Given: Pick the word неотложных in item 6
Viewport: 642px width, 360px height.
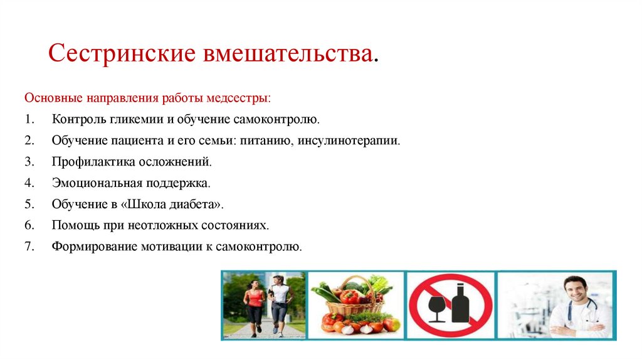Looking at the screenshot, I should [176, 225].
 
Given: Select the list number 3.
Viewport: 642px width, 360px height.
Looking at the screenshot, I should [28, 162].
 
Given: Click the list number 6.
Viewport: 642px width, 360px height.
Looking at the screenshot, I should [28, 225].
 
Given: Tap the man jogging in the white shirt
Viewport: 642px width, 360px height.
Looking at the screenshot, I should [279, 301].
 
